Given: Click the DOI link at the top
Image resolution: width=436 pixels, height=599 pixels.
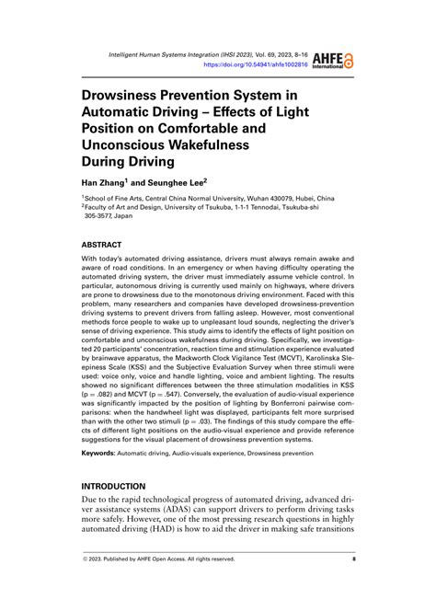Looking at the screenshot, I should [255, 66].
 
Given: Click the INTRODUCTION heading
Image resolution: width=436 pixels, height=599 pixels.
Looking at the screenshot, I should [114, 486].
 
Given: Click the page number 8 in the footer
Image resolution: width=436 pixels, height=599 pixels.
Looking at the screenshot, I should [353, 559].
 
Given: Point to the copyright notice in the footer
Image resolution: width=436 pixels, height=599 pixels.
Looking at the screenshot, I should [160, 559].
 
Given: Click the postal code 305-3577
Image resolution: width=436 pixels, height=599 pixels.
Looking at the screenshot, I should [106, 218].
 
